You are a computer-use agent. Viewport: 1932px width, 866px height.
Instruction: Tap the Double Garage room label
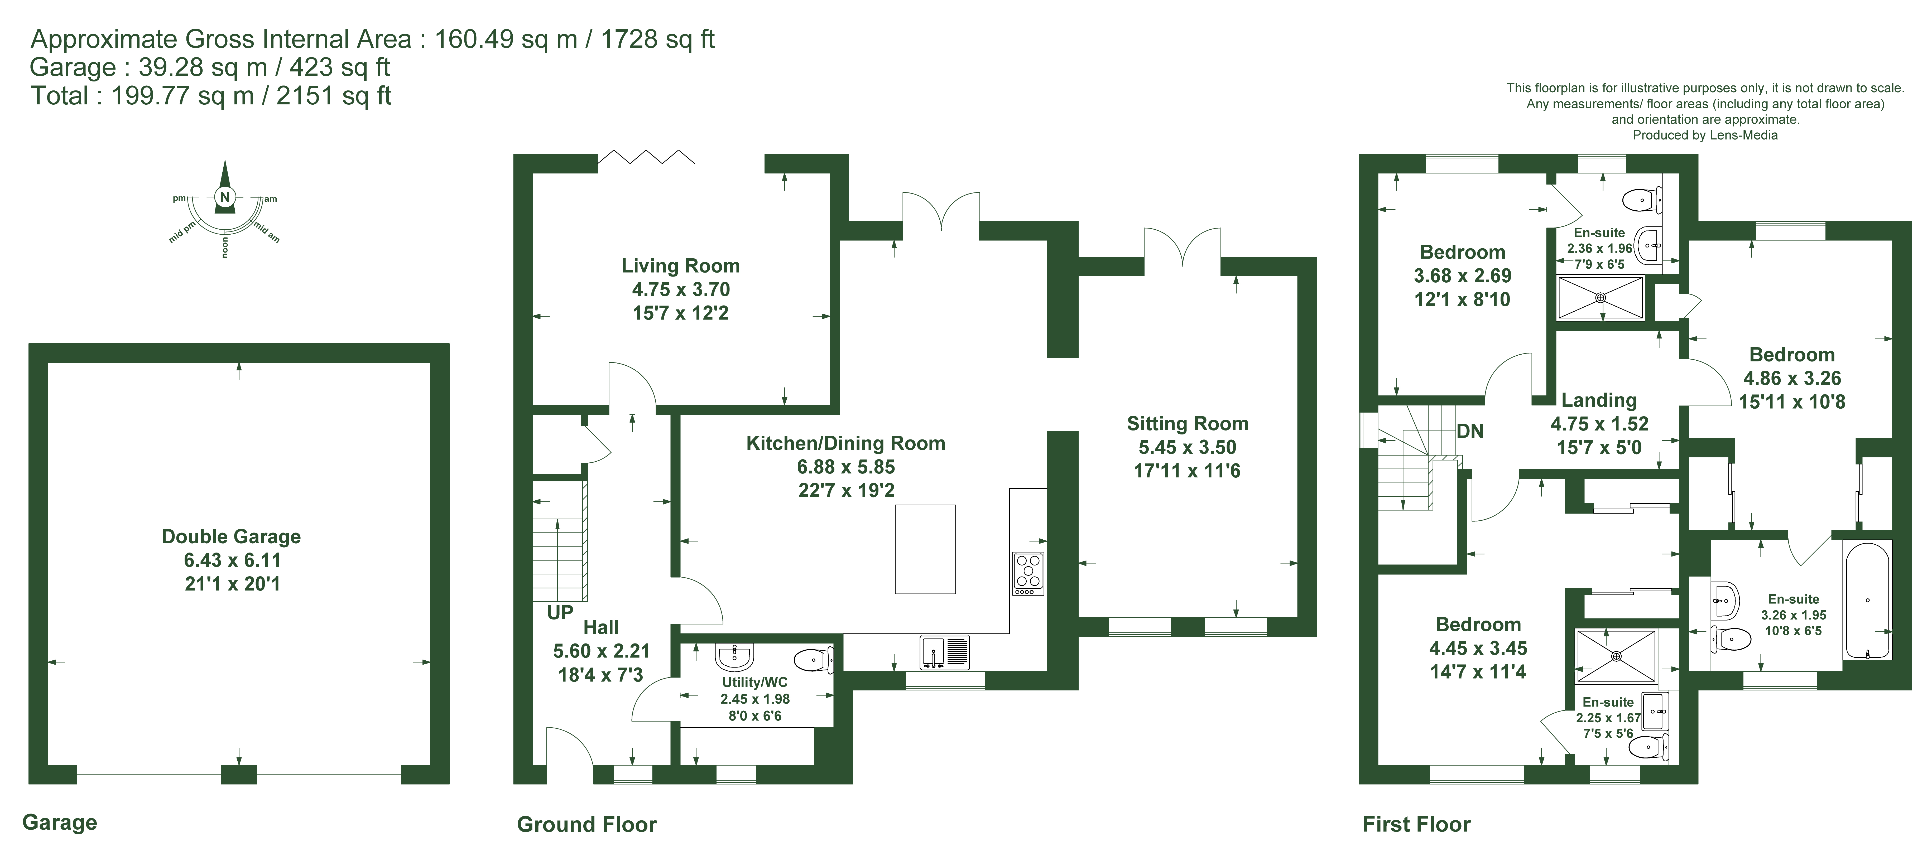point(231,537)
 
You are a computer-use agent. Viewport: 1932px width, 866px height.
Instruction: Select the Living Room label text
point(680,266)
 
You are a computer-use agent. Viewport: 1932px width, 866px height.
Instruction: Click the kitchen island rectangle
point(925,550)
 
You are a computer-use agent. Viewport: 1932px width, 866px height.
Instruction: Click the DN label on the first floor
point(1470,432)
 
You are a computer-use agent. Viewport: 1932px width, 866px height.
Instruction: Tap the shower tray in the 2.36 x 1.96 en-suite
point(1601,298)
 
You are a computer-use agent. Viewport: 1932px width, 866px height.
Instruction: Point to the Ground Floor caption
point(587,825)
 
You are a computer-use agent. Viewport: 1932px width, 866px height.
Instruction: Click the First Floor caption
point(1417,825)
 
